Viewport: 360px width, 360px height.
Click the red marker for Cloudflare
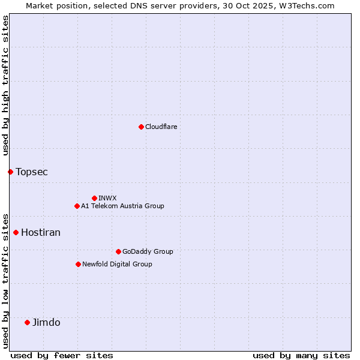141,127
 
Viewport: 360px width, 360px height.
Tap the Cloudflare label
161,127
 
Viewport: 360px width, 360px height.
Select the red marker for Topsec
10,172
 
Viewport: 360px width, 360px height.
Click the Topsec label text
32,172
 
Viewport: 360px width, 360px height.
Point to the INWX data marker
94,198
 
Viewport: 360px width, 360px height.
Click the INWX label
107,198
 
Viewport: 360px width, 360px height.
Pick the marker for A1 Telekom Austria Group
77,206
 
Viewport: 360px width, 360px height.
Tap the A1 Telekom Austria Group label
122,206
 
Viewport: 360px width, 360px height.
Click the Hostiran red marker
16,232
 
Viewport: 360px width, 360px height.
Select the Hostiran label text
41,233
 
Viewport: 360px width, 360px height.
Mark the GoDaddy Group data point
118,251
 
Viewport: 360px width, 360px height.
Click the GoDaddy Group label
147,251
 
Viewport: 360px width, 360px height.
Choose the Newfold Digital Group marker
78,264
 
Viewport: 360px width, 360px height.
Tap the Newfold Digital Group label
117,264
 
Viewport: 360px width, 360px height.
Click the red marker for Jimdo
27,322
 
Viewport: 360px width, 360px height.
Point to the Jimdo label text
46,323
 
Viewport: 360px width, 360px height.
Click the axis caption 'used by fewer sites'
62,355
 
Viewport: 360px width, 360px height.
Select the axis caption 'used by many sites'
301,355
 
